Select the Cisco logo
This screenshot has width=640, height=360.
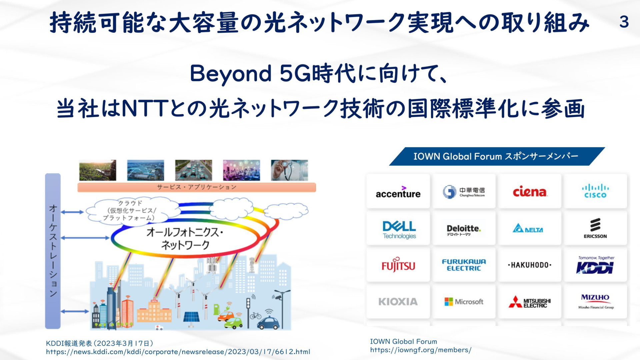(595, 191)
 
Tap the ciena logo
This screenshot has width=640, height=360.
(530, 192)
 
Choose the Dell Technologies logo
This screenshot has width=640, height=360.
(399, 230)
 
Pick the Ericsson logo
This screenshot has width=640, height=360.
(595, 228)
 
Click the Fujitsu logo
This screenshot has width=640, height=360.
(398, 265)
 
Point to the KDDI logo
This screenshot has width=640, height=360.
(595, 265)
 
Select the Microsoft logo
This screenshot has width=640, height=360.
(464, 302)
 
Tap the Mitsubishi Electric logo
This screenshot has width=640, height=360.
(530, 302)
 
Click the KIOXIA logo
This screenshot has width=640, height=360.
(398, 302)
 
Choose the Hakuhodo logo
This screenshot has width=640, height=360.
(530, 265)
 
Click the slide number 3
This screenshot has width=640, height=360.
(624, 22)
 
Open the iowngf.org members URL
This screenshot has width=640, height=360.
(421, 350)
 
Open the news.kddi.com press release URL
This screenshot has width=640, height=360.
(178, 352)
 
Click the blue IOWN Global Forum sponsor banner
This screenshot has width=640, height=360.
(497, 156)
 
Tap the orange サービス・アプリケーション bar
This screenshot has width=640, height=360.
(197, 187)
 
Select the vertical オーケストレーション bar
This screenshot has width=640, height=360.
(53, 251)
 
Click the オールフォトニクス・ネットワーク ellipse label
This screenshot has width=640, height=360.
(185, 238)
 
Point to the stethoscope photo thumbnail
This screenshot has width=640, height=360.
(289, 170)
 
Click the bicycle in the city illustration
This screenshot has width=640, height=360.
(256, 315)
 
